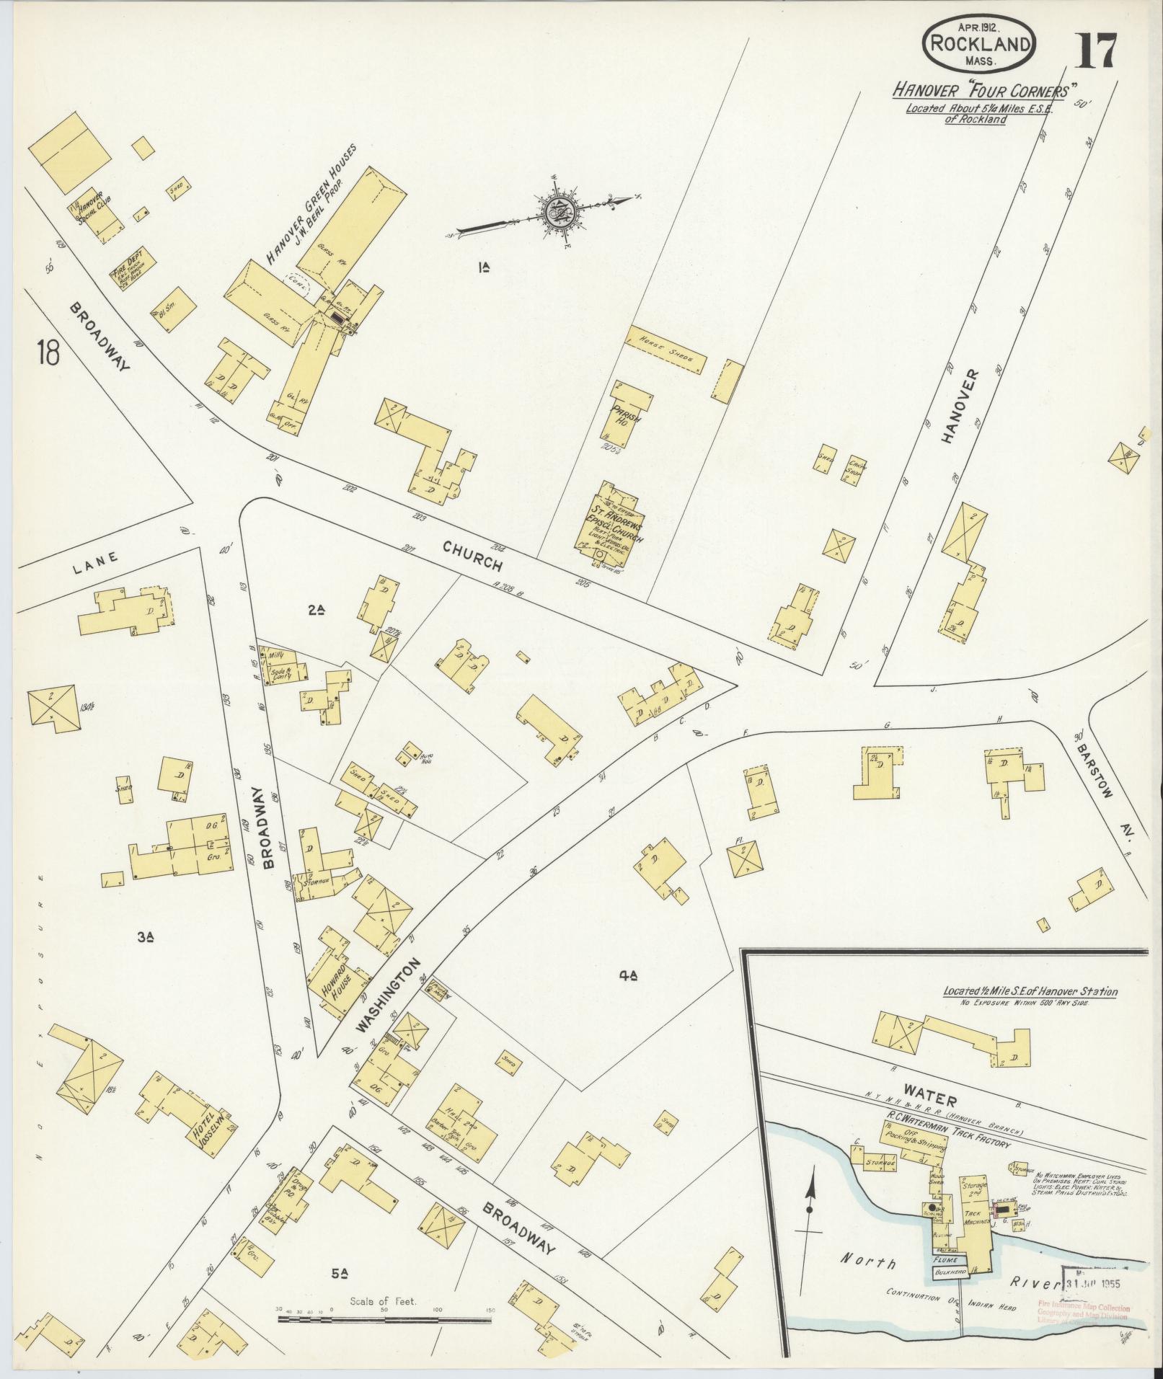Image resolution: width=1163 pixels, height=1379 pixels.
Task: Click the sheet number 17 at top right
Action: click(1098, 50)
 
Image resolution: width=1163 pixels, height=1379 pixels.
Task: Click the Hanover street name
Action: click(958, 407)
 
